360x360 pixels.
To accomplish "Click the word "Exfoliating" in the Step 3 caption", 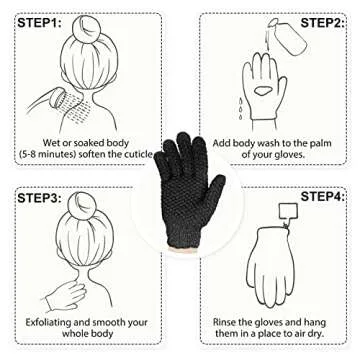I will click(49, 322).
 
